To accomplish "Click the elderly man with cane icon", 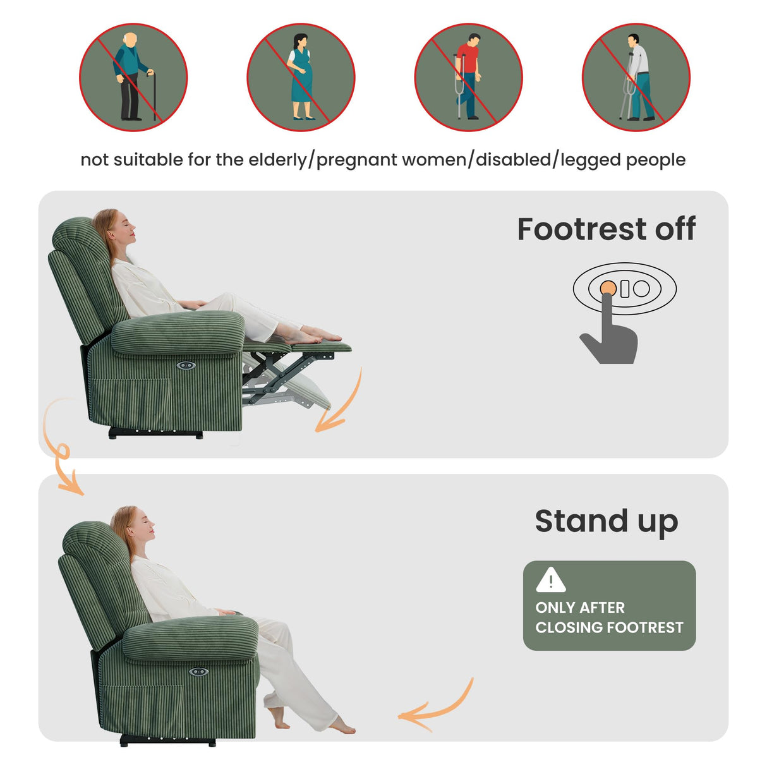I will (133, 77).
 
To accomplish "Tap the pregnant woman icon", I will (301, 77).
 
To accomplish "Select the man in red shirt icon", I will (468, 77).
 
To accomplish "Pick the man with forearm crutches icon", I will (636, 77).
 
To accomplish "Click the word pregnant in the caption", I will (358, 160).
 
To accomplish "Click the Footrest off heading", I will (606, 229).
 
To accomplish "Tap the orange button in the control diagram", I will (608, 289).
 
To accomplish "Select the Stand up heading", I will (606, 522).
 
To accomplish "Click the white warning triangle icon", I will (550, 580).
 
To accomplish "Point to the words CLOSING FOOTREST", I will (609, 627).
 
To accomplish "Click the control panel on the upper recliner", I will (186, 365).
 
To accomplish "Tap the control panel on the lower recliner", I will (198, 672).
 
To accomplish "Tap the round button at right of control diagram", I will (641, 289).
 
